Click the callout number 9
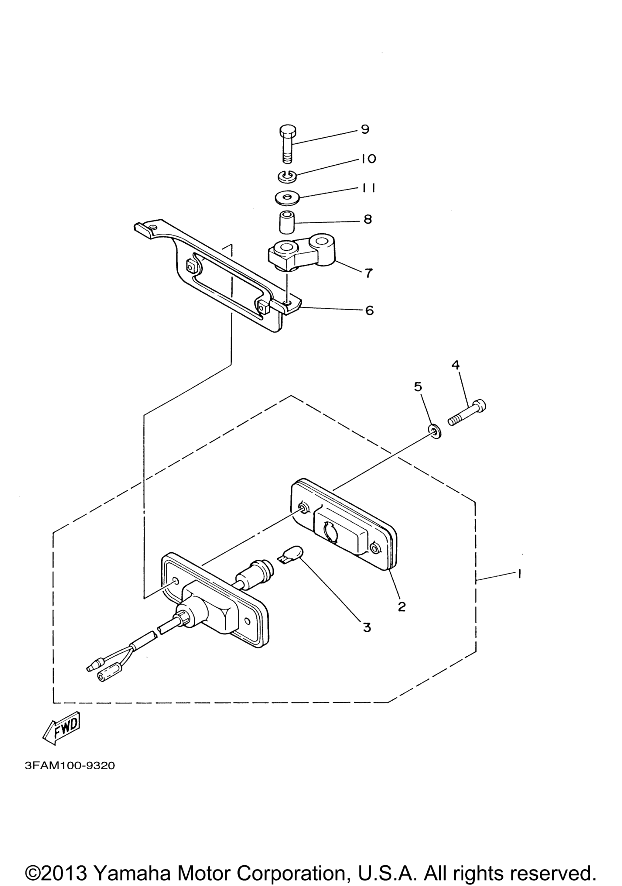point(365,129)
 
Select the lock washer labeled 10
point(286,176)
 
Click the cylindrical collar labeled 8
point(286,222)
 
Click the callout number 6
point(369,310)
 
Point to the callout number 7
point(369,273)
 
